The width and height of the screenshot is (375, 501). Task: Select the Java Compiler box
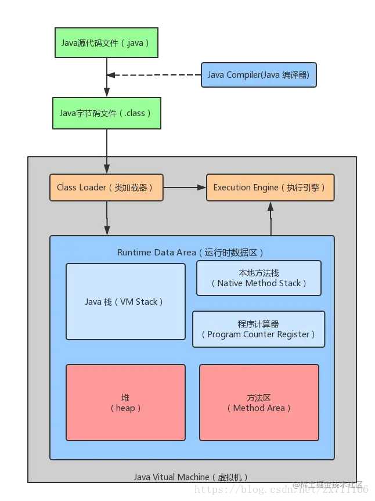(258, 75)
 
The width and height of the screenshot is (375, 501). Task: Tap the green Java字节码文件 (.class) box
(106, 113)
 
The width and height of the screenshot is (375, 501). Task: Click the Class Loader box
(106, 188)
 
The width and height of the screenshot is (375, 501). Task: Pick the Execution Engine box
(270, 188)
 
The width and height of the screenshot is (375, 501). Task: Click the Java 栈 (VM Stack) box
(125, 301)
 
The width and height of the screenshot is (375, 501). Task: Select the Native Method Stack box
(258, 278)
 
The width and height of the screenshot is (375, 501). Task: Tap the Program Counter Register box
(258, 329)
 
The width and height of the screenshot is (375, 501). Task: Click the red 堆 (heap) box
(125, 402)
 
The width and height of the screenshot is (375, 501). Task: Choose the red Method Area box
(259, 402)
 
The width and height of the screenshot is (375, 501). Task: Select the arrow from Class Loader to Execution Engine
(185, 188)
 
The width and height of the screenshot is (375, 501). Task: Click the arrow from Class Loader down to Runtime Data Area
(106, 218)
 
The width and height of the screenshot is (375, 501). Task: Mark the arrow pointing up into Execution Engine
(270, 218)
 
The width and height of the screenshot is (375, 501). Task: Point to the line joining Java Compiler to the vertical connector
(156, 75)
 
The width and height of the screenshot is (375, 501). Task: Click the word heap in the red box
(125, 408)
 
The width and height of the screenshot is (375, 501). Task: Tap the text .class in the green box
(135, 113)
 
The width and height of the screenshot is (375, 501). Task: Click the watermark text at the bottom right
(328, 485)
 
